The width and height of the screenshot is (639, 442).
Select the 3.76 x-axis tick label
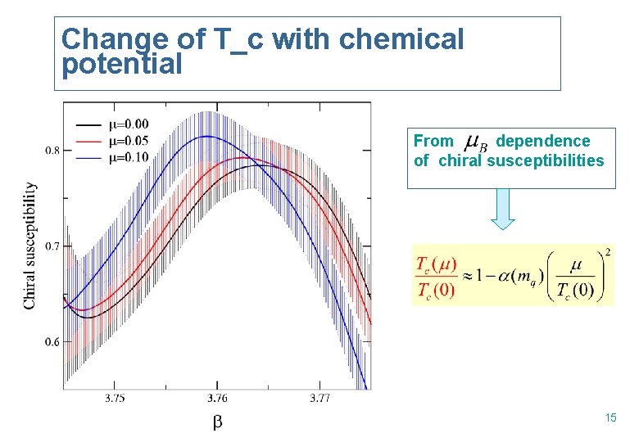point(217,399)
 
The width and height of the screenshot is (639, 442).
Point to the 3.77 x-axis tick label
point(320,399)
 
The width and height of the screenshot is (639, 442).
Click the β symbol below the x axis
point(217,422)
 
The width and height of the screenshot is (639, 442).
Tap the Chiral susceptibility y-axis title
point(29,246)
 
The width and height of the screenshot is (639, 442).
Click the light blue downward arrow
point(502,209)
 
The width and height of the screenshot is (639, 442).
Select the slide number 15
point(610,418)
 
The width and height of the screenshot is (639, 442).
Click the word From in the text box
point(433,142)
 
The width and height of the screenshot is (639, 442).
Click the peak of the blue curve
point(209,137)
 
